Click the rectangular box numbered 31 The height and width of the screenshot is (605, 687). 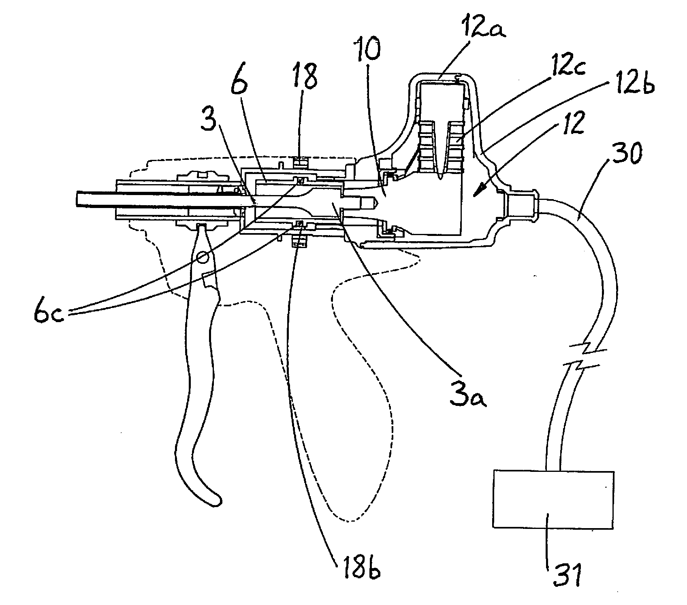point(553,499)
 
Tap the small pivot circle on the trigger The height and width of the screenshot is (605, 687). point(201,256)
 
